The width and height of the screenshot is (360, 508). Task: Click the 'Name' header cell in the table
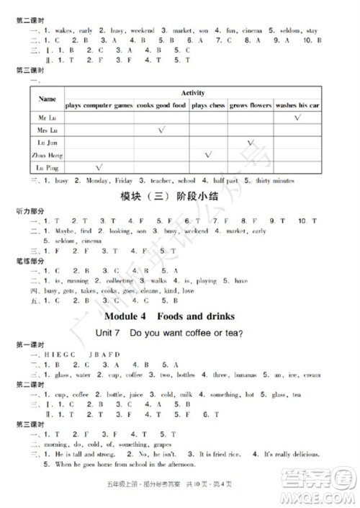pyautogui.click(x=48, y=98)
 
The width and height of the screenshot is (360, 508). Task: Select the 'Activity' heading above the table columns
pyautogui.click(x=192, y=93)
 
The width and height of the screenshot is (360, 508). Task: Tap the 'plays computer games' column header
pyautogui.click(x=99, y=105)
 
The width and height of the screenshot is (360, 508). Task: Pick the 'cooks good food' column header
pyautogui.click(x=161, y=105)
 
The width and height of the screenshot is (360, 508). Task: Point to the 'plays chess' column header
pyautogui.click(x=207, y=105)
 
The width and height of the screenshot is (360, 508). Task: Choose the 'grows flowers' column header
pyautogui.click(x=250, y=105)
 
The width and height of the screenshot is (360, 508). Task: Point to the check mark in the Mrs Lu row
pyautogui.click(x=161, y=130)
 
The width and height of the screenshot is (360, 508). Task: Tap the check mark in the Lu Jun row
pyautogui.click(x=250, y=143)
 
